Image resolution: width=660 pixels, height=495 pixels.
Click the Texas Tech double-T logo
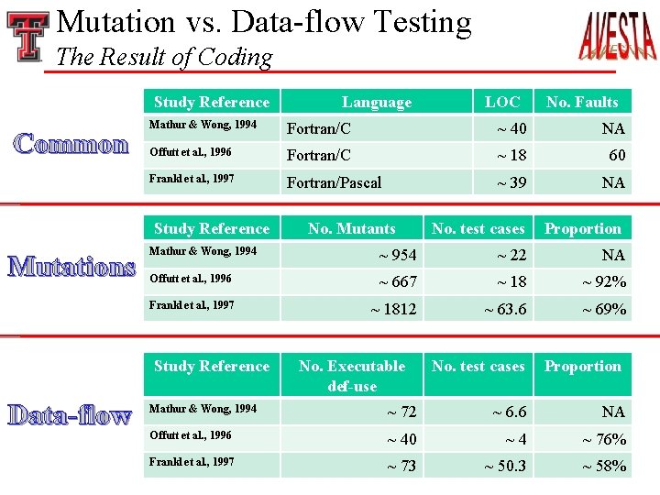click(x=27, y=36)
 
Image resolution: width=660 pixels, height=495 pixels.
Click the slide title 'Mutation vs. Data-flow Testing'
click(x=264, y=22)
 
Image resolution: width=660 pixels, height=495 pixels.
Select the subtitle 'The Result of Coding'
click(x=164, y=57)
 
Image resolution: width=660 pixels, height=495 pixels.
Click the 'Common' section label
click(x=71, y=145)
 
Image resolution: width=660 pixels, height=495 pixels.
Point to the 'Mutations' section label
click(x=71, y=268)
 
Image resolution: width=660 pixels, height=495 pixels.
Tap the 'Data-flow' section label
click(x=71, y=416)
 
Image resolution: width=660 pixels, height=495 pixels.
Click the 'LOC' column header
click(x=501, y=102)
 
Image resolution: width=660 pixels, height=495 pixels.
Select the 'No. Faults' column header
click(x=582, y=102)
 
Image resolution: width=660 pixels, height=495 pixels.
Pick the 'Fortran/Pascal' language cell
click(x=334, y=182)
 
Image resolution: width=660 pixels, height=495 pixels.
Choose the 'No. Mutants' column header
click(x=352, y=228)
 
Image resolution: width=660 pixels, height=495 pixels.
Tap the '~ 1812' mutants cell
click(x=393, y=309)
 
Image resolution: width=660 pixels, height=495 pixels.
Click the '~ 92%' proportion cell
click(x=604, y=281)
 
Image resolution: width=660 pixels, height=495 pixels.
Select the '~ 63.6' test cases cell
click(x=505, y=309)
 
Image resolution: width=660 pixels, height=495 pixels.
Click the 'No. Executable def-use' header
click(x=352, y=376)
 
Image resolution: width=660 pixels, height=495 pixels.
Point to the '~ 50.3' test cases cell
click(x=505, y=466)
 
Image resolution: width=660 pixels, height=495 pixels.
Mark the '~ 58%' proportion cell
click(x=604, y=466)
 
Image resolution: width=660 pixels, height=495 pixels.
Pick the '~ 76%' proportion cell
click(x=604, y=439)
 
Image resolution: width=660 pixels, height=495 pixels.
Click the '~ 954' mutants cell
click(x=397, y=255)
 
